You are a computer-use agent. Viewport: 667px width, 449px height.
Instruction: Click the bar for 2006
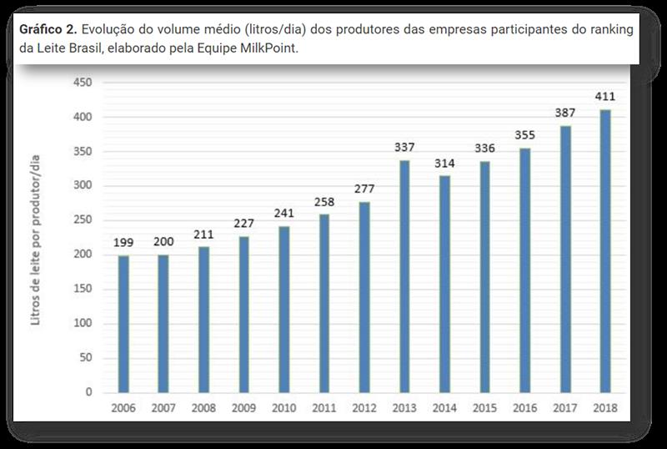(123, 324)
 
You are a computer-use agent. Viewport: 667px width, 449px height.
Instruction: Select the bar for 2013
(405, 276)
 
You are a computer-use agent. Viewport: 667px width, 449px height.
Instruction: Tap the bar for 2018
(605, 250)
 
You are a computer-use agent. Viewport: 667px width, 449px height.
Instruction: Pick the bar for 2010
(284, 310)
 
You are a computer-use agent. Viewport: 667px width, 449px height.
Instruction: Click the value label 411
(605, 97)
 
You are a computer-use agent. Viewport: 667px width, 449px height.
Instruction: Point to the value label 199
(123, 243)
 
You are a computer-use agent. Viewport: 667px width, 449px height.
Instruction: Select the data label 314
(445, 164)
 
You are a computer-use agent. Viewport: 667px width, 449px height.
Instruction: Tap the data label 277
(364, 189)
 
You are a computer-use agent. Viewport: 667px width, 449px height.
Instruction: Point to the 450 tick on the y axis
(83, 83)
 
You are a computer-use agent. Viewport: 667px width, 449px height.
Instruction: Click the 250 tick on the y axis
(83, 220)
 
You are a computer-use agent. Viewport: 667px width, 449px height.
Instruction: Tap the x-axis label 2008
(204, 409)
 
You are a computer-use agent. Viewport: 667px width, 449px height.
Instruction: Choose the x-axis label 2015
(485, 409)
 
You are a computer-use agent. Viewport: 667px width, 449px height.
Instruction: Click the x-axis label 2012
(364, 409)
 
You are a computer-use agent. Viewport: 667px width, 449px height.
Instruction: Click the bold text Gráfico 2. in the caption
(44, 29)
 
